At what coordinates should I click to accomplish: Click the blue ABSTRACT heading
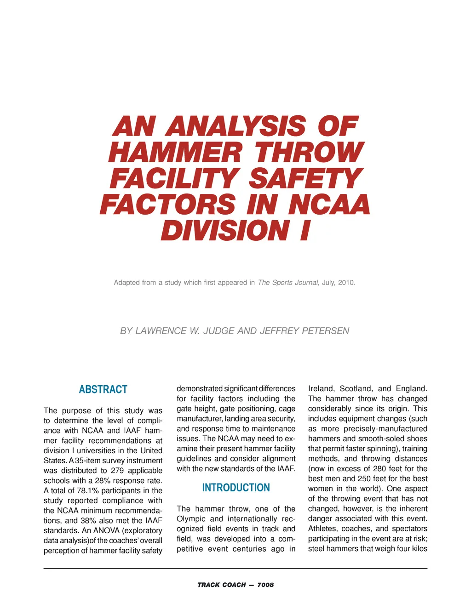coord(103,390)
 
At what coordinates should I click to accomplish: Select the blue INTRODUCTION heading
coord(236,488)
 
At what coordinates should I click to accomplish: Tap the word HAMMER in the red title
coord(175,153)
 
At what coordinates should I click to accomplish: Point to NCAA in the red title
coord(329,205)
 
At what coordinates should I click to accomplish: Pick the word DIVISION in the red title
coord(224,231)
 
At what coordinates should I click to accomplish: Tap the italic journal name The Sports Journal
coord(288,283)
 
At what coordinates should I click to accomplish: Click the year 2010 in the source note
coord(346,283)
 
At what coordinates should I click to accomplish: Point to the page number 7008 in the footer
coord(265,585)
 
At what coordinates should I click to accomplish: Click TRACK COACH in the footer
coord(221,585)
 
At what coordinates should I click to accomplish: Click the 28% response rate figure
coord(103,481)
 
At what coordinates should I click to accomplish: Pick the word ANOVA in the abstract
coord(107,531)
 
